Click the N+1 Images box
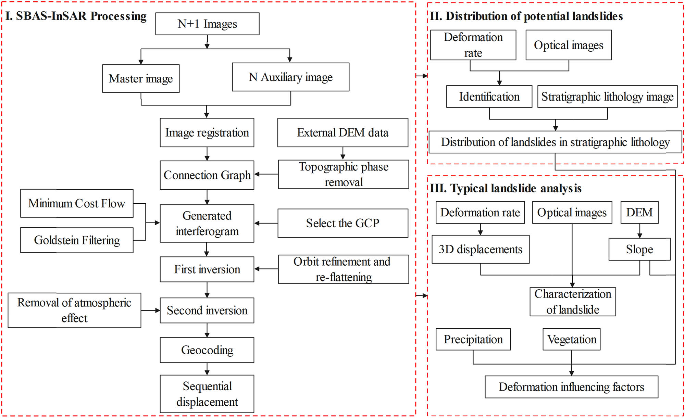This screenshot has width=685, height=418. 207,24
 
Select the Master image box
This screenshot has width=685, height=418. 141,79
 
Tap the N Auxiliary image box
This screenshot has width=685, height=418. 290,77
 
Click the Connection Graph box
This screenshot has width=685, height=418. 207,175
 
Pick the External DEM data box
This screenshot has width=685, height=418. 342,132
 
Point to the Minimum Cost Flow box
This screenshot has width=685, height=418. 77,203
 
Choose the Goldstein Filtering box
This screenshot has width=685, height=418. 77,240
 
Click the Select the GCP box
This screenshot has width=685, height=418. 342,223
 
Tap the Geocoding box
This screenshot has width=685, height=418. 207,350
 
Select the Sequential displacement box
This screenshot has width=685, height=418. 207,394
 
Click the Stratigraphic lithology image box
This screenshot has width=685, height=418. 607,97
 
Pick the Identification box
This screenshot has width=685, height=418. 489,97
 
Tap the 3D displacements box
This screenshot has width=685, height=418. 481,249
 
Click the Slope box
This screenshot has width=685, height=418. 639,249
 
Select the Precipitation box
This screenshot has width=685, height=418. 473,339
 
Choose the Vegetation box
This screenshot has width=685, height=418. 572,339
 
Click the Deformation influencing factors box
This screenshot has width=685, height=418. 571,387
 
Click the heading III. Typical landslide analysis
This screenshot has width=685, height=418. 506,188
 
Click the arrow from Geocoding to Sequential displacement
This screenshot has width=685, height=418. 207,369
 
